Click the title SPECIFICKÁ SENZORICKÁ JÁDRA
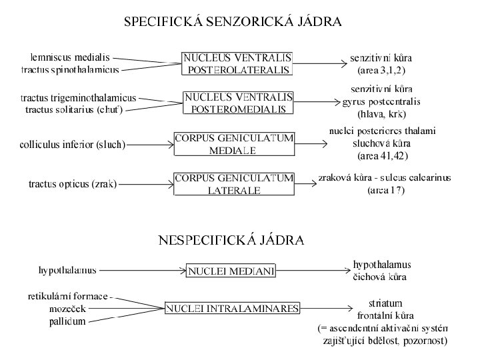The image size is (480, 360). [x=233, y=22]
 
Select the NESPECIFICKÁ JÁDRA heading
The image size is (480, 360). [x=231, y=240]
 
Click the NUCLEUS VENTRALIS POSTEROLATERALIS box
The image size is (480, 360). [x=237, y=63]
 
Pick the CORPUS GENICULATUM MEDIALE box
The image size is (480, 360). [x=233, y=144]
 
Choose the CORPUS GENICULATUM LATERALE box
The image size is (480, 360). [x=233, y=184]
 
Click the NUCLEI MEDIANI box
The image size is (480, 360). [x=231, y=271]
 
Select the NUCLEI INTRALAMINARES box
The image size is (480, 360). [x=233, y=308]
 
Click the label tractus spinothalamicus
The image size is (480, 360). [x=70, y=69]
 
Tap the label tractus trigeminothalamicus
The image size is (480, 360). [x=78, y=97]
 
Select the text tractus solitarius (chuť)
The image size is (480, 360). [x=78, y=109]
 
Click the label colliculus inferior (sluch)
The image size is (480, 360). [x=72, y=144]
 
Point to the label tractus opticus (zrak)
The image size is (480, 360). [x=73, y=183]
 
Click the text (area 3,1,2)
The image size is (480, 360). [x=381, y=69]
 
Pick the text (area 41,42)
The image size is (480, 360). [x=382, y=156]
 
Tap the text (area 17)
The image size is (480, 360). [x=386, y=191]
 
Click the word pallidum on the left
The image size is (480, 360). [x=67, y=321]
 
